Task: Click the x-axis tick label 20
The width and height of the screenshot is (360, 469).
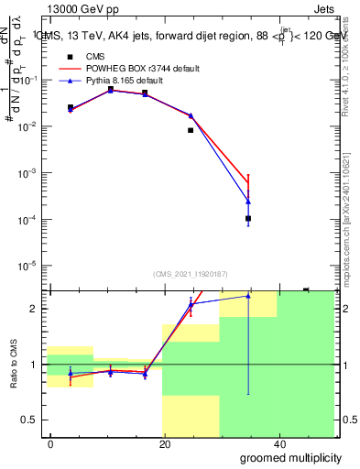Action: tap(164, 443)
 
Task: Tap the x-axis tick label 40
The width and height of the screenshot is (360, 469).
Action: tap(278, 443)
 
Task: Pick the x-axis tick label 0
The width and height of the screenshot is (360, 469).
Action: tap(50, 443)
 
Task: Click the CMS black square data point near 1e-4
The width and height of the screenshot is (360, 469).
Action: tap(248, 219)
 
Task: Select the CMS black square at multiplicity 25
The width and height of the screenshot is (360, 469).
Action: tap(191, 130)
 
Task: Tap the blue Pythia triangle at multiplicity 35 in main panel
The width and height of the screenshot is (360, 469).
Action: tap(248, 202)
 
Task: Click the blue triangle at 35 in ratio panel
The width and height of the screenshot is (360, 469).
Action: tap(248, 296)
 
